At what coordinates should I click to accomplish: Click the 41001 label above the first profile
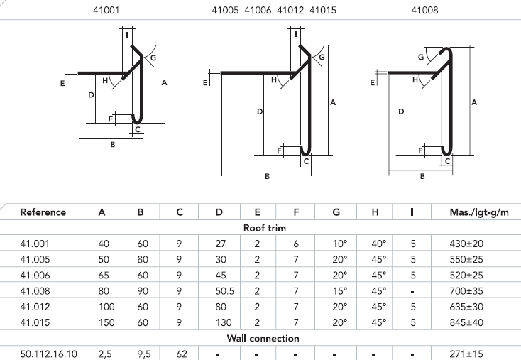click(x=109, y=11)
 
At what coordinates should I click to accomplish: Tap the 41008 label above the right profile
click(x=424, y=11)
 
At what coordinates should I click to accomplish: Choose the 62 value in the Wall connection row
click(x=180, y=354)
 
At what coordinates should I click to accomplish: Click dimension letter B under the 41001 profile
click(x=112, y=146)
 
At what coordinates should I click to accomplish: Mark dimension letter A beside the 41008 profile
click(x=475, y=103)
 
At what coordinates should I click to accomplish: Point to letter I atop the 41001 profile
click(x=127, y=34)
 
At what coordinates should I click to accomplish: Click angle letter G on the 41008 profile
click(x=421, y=57)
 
